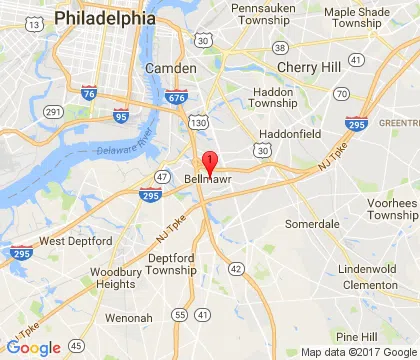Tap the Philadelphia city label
(105, 18)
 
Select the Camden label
(164, 67)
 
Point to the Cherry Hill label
(310, 67)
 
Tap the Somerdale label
(311, 223)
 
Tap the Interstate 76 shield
(89, 93)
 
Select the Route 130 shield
(199, 122)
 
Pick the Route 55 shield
(178, 315)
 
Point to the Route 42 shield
(236, 268)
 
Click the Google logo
(33, 347)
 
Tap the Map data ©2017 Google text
(357, 352)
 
